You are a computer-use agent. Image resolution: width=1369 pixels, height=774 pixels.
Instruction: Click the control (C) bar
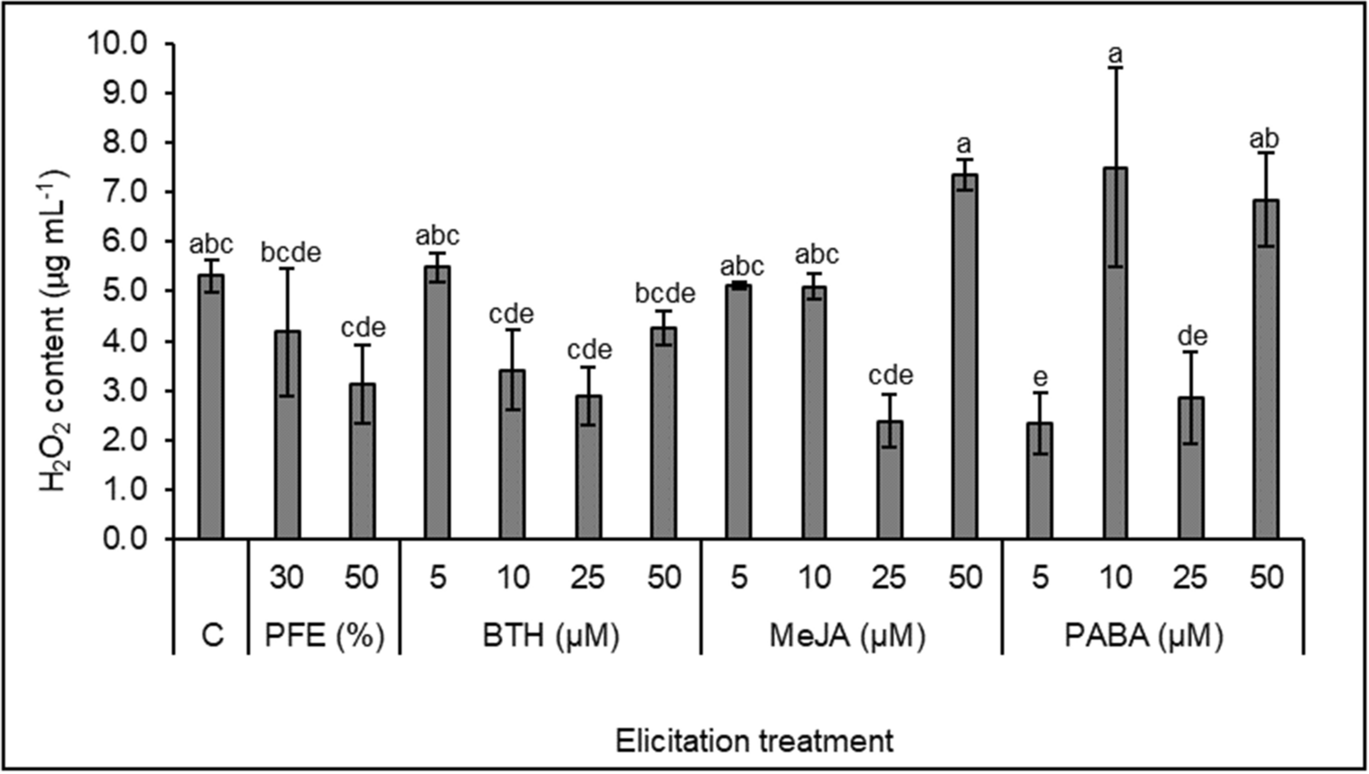click(211, 408)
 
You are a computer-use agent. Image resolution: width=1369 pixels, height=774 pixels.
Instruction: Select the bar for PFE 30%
click(287, 435)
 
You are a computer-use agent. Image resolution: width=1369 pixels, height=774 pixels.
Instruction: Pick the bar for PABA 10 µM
click(1115, 353)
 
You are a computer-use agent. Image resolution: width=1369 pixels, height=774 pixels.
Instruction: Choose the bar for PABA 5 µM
click(1040, 480)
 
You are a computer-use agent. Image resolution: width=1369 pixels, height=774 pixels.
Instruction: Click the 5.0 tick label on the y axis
click(126, 291)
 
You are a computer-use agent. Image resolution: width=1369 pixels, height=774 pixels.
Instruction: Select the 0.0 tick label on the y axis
click(126, 538)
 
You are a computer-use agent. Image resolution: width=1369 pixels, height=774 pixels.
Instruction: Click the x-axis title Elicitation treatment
click(754, 740)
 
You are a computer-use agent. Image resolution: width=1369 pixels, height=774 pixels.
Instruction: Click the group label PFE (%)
click(324, 635)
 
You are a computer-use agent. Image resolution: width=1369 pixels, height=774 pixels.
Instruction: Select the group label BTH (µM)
click(550, 635)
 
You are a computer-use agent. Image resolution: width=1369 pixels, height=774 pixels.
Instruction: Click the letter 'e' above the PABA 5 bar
click(1040, 376)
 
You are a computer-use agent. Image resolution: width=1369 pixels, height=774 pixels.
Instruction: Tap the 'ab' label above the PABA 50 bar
click(1264, 139)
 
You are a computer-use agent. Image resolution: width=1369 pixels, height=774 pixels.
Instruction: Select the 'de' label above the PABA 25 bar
click(1190, 336)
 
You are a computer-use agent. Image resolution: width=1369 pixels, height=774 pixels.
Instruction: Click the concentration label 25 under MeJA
click(889, 576)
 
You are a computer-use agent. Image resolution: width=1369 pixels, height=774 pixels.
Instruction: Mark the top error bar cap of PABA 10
click(1115, 68)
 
